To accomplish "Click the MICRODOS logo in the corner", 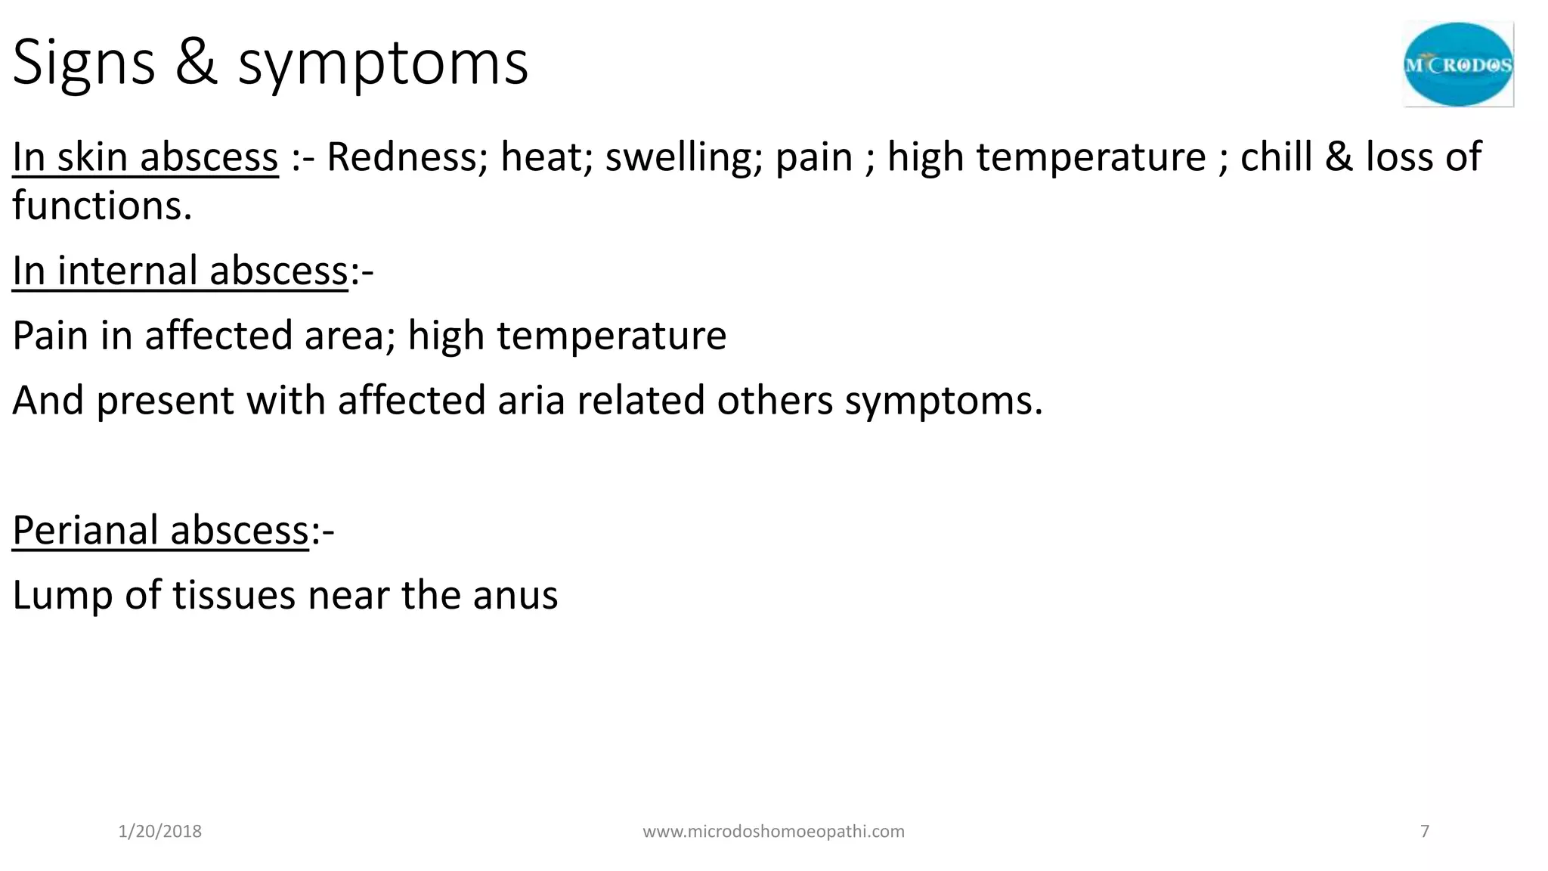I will click(x=1458, y=64).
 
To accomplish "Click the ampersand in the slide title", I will click(x=197, y=63).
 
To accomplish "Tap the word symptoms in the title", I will click(x=383, y=64).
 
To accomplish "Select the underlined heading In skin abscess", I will click(x=145, y=157).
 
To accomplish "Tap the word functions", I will click(x=102, y=206).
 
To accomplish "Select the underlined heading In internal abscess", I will click(x=180, y=271).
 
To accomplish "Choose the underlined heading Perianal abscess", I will click(x=160, y=530).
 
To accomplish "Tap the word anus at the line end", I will click(x=515, y=596).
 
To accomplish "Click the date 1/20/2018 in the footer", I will click(x=160, y=832).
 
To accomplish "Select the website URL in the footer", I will click(x=773, y=832).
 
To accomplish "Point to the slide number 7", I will click(x=1425, y=832).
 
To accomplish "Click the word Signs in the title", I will click(x=84, y=64).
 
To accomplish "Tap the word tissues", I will click(x=234, y=595).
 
